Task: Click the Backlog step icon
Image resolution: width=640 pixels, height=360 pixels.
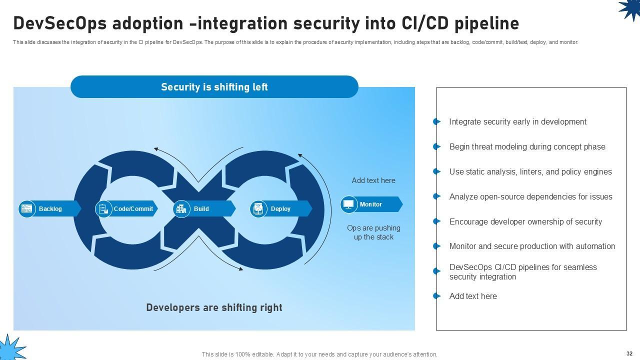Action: click(26, 208)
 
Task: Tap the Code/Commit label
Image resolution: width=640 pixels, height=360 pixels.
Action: click(133, 208)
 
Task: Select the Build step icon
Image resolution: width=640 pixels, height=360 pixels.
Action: click(181, 208)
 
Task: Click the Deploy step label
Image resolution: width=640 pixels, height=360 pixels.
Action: click(280, 209)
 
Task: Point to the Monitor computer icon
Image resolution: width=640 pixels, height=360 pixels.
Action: click(348, 204)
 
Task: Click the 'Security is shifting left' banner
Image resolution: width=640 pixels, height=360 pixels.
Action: click(214, 87)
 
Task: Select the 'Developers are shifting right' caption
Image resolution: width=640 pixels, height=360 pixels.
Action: click(214, 307)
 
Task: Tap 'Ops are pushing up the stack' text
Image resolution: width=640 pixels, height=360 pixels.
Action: click(373, 232)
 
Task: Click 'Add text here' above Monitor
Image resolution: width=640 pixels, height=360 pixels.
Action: click(373, 180)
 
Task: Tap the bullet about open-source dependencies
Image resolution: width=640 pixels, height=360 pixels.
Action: click(530, 197)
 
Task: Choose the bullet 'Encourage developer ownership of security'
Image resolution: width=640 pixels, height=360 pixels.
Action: click(525, 221)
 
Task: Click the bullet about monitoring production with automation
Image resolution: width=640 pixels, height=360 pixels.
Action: click(532, 246)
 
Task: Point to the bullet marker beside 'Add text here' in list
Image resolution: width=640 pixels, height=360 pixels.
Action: click(437, 296)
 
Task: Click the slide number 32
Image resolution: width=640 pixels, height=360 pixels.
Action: click(629, 353)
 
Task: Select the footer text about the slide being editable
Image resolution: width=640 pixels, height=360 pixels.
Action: click(319, 354)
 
